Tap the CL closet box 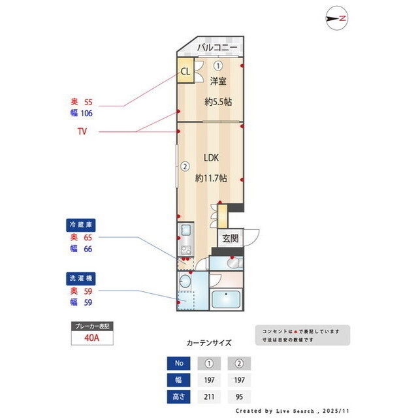pos(185,72)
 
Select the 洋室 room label pos(218,82)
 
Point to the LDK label pos(210,157)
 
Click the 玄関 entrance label pos(230,238)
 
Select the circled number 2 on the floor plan pos(185,166)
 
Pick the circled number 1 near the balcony pos(217,65)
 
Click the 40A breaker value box pos(92,338)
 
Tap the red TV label pos(82,131)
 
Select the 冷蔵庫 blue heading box pos(82,225)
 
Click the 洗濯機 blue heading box pos(82,278)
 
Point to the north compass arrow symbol pos(336,19)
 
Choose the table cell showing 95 pos(239,396)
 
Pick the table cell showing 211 pos(209,396)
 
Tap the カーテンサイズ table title pos(209,342)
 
